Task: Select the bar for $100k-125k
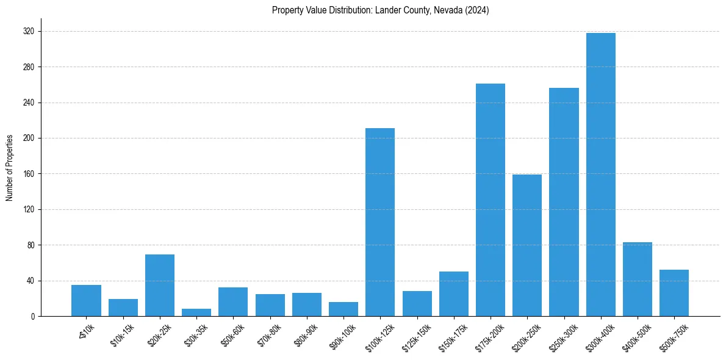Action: click(x=380, y=222)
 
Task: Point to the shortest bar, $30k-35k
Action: click(x=196, y=312)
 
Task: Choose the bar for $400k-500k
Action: click(x=638, y=279)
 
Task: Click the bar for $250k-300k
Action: click(x=564, y=202)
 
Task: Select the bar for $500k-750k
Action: click(x=674, y=293)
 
